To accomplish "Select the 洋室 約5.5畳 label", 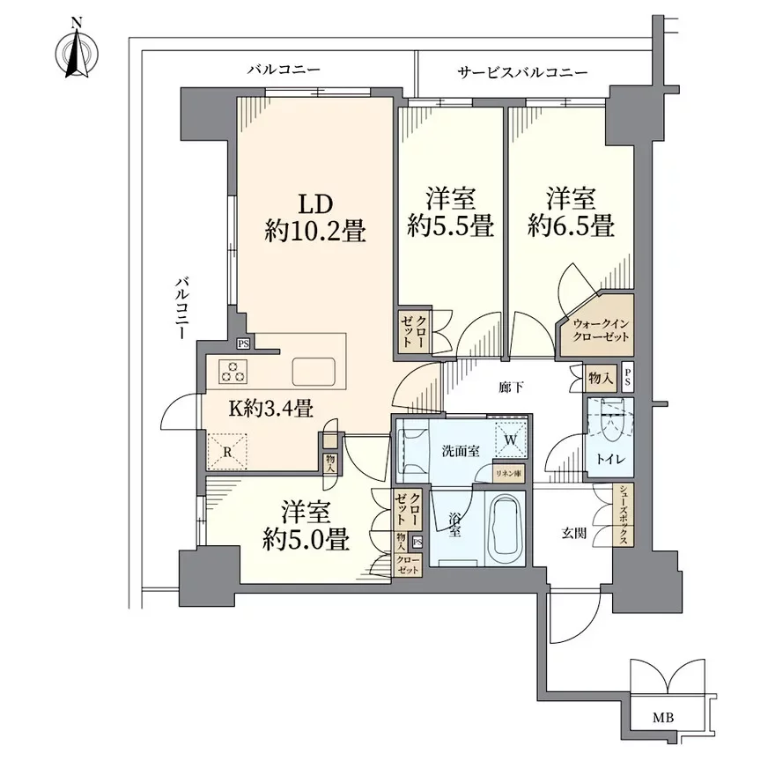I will (x=449, y=211).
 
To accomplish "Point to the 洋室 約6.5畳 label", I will (x=571, y=211).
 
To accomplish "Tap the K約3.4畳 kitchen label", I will (x=271, y=407).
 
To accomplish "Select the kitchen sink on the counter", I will (x=314, y=371).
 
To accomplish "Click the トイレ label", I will (x=607, y=460).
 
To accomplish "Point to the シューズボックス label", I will (x=622, y=516).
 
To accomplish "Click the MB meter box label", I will (x=663, y=717).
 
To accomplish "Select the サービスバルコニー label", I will (x=521, y=71).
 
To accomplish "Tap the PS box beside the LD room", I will (x=243, y=344).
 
